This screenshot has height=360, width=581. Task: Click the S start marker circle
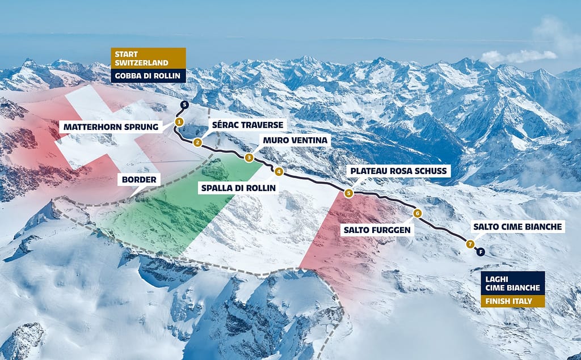coord(184,104)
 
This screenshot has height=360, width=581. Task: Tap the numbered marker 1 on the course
coord(179,121)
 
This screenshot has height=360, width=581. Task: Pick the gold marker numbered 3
coord(249,158)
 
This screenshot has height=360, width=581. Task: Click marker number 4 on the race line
coord(279,171)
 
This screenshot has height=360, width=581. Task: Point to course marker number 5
coord(348,193)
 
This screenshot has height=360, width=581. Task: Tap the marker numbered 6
coord(417,213)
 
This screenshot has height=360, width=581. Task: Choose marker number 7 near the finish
coord(470,244)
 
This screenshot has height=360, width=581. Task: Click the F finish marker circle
coord(481,251)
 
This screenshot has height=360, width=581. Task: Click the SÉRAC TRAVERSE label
coord(247,124)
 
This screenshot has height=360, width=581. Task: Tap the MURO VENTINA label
coord(296,140)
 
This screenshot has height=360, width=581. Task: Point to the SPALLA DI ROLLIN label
coord(238,187)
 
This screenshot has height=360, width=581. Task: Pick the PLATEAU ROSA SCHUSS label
coord(400,171)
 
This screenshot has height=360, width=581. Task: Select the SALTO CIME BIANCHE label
coord(517,227)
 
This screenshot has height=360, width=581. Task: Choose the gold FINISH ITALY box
coord(512,300)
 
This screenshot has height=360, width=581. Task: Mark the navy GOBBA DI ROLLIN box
coord(148,76)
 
